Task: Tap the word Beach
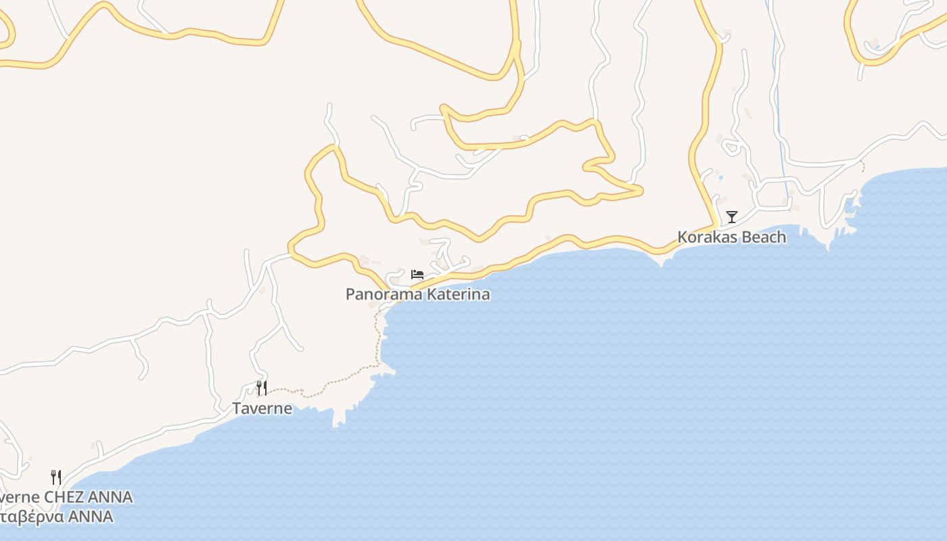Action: (x=763, y=237)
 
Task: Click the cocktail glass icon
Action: (x=731, y=216)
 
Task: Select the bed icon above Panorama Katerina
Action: (x=417, y=274)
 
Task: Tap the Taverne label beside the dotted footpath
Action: (x=262, y=408)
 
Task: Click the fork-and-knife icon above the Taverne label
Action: (x=262, y=387)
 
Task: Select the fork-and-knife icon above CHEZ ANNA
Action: (x=56, y=477)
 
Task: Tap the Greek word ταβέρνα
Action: (x=32, y=517)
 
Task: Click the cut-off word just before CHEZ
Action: (x=19, y=498)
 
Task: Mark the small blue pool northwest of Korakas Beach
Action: (x=720, y=179)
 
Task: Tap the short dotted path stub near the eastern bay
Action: (x=862, y=166)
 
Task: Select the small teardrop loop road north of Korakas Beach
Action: (x=731, y=145)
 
